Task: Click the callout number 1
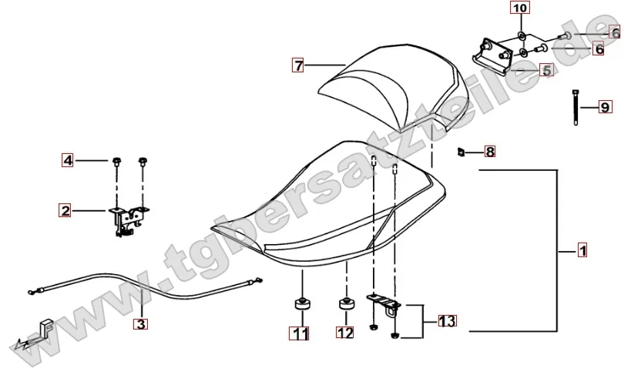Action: (582, 251)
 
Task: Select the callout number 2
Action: (66, 209)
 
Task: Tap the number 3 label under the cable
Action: (139, 324)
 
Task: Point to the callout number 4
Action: (68, 161)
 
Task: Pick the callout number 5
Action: (545, 70)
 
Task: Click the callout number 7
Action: (297, 65)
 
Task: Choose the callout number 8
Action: (490, 151)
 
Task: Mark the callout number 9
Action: (605, 107)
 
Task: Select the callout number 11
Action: (298, 333)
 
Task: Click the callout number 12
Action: (344, 333)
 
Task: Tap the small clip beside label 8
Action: (460, 151)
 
